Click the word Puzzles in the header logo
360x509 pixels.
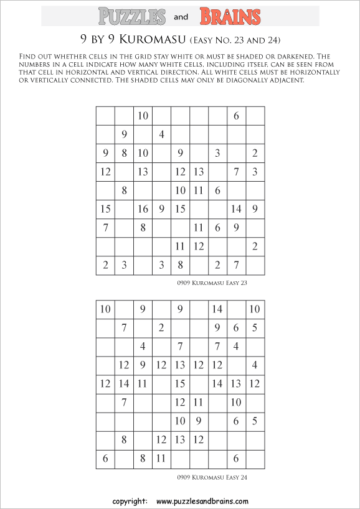tap(132, 16)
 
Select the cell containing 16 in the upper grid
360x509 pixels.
tap(143, 210)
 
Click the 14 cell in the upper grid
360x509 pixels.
tap(236, 210)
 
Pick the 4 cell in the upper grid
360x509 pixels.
tap(161, 134)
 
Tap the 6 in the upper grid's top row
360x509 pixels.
tap(236, 116)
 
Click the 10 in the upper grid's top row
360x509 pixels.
tap(143, 116)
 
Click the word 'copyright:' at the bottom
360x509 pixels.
tap(130, 501)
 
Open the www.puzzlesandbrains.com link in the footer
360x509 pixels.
tap(202, 501)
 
